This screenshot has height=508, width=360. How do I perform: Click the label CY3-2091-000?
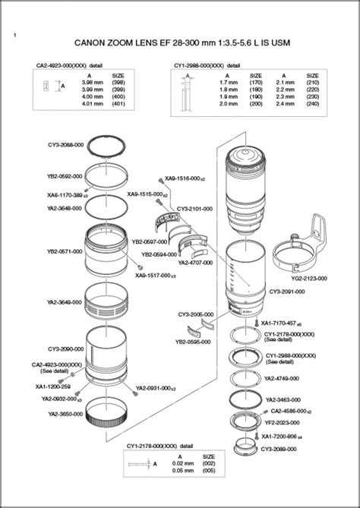[286, 292]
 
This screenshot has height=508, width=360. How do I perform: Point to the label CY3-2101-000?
[194, 208]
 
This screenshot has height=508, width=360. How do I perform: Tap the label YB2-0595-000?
[193, 342]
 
